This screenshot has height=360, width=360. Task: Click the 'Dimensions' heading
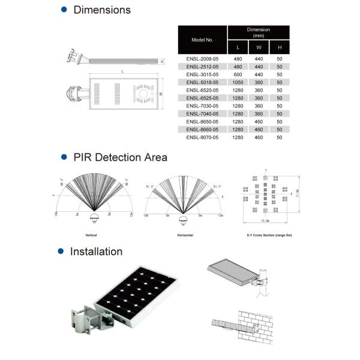101,10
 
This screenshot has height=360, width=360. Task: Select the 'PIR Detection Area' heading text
120,157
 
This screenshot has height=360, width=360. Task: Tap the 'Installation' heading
96,251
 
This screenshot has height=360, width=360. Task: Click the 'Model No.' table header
202,40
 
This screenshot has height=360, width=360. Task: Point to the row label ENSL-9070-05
202,137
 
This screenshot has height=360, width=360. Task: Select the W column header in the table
259,47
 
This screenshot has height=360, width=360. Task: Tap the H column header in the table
279,47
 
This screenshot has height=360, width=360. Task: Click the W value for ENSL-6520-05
259,91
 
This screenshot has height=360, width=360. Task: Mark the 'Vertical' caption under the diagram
92,235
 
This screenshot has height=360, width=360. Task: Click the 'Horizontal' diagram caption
185,235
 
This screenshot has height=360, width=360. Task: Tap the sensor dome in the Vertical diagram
94,217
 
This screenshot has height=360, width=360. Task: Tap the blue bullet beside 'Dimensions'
64,10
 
